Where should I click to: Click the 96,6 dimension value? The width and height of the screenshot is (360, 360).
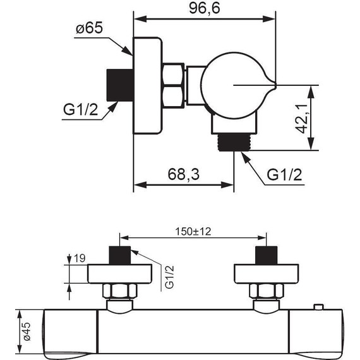[205, 9]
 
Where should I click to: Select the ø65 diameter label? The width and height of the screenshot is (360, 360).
[90, 28]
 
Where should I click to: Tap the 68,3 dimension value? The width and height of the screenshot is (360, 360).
[184, 174]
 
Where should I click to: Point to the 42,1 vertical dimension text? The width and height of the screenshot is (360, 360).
[301, 119]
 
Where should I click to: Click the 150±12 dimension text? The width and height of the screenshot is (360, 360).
[193, 232]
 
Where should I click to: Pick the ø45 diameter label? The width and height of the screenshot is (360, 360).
[27, 331]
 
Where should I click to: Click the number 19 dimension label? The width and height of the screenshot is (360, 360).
[80, 258]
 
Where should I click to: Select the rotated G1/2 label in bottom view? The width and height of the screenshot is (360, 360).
[170, 277]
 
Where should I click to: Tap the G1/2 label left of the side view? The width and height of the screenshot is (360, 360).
[81, 110]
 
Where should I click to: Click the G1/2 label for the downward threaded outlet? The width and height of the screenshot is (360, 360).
[284, 175]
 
